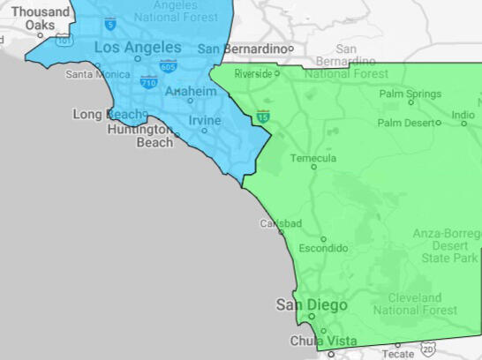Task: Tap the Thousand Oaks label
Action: coord(39,19)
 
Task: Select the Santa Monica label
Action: coord(96,74)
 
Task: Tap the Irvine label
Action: coord(204,120)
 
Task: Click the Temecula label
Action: coord(313,158)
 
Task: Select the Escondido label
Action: coord(323,249)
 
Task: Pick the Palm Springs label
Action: coord(410,94)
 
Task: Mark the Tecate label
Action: coord(397,353)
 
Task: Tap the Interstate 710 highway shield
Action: coord(148,82)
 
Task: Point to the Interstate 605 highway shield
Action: coord(167,65)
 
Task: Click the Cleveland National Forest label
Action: coord(415,304)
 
